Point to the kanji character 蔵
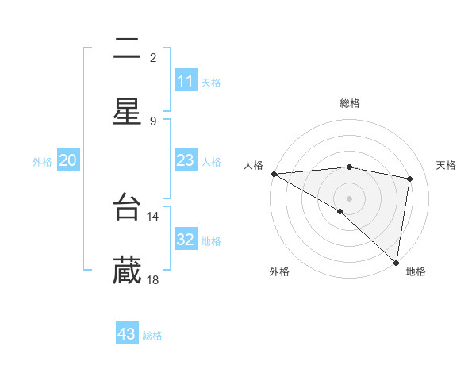tap(127, 271)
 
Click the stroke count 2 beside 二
tap(153, 57)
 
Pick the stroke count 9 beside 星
tap(153, 121)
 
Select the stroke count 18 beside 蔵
tap(153, 280)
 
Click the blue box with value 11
tap(186, 81)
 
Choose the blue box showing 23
tap(186, 160)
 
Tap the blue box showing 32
tap(186, 240)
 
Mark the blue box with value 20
tap(68, 160)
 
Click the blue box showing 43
tap(127, 334)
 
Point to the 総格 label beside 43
tap(152, 336)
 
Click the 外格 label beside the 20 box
tap(42, 161)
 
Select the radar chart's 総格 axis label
tap(350, 103)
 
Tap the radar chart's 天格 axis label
tap(446, 165)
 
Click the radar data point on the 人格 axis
tap(274, 174)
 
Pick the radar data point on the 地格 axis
tap(396, 262)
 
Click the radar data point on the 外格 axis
tap(340, 211)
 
